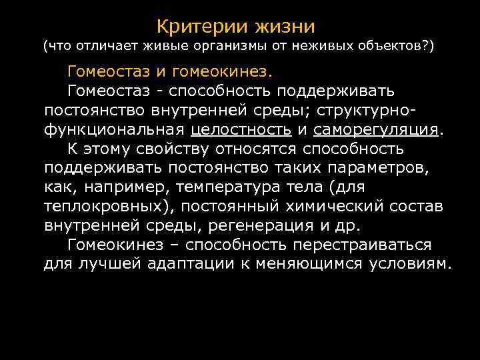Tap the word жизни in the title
pyautogui.click(x=283, y=27)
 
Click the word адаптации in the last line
pyautogui.click(x=205, y=264)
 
